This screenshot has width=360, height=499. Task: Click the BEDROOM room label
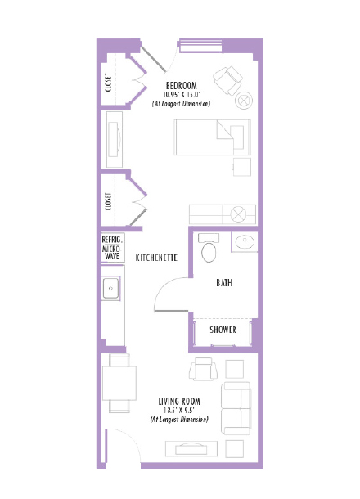tap(182, 86)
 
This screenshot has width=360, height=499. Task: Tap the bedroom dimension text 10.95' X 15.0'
tap(182, 95)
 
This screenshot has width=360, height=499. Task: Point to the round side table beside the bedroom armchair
tap(244, 101)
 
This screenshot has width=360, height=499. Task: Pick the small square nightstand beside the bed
tap(241, 167)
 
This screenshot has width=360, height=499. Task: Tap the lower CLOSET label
tap(109, 201)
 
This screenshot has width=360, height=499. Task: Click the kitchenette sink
tap(111, 288)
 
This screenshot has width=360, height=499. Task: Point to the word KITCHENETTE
tap(157, 258)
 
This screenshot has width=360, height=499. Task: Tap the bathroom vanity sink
tap(243, 241)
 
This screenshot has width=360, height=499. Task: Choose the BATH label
tap(223, 283)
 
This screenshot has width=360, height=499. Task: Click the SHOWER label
tap(223, 330)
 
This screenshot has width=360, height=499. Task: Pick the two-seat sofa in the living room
tap(236, 407)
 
